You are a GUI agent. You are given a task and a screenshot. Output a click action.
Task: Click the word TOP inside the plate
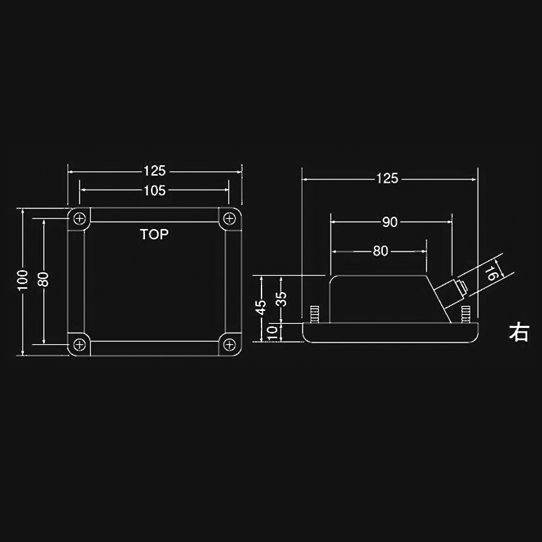(154, 235)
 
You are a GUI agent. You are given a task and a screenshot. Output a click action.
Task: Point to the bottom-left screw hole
(81, 344)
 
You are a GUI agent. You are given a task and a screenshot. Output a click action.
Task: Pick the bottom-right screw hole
(229, 344)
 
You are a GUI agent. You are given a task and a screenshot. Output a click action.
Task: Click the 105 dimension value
(154, 190)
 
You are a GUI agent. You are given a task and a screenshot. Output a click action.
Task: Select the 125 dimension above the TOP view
(154, 171)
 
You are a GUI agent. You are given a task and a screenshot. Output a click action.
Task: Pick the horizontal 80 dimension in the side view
(380, 251)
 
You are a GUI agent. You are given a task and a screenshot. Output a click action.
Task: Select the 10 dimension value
(272, 332)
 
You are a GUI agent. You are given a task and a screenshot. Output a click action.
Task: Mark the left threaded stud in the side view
(314, 315)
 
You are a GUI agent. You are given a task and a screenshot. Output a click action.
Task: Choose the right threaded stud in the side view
(465, 315)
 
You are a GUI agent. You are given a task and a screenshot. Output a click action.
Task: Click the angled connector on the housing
(449, 291)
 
